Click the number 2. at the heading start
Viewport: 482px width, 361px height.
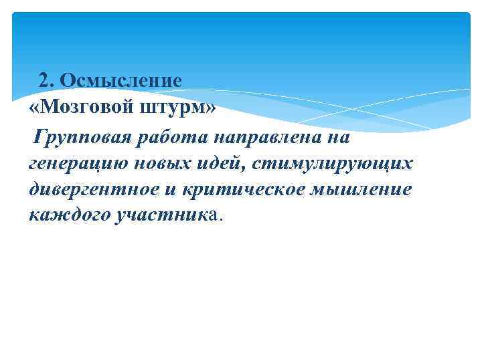[x=47, y=80]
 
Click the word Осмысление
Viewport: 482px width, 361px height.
[x=120, y=80]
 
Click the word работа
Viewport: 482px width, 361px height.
[x=171, y=137]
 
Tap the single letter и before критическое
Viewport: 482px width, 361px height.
[x=167, y=189]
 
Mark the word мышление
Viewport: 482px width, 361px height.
[x=367, y=189]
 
